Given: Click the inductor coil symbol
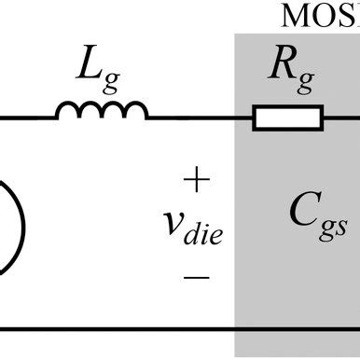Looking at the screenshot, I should (x=102, y=112).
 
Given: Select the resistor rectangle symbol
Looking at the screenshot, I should (x=288, y=118).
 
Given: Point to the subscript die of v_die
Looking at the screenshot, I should (x=205, y=234).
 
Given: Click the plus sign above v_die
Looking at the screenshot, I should (x=198, y=178).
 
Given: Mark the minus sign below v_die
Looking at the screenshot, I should (x=198, y=277).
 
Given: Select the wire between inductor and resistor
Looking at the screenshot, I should (x=200, y=118).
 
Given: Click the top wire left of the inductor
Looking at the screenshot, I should (x=28, y=118).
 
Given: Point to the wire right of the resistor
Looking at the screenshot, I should (x=341, y=118).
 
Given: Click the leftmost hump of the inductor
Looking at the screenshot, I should (x=68, y=111).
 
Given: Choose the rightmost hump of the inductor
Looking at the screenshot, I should (x=136, y=111).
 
